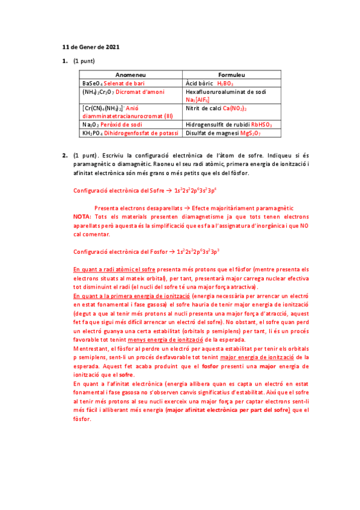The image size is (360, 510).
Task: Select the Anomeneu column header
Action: [x=130, y=72]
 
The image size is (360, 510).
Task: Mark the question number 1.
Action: [x=64, y=61]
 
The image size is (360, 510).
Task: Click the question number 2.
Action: [x=64, y=156]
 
